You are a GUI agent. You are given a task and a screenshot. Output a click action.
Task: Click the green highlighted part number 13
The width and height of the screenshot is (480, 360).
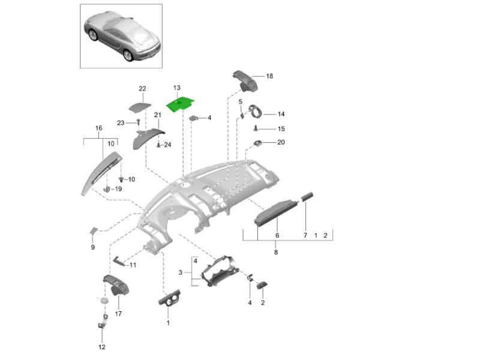point(182,104)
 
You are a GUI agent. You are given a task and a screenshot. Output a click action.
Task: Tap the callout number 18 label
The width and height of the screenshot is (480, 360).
point(269,76)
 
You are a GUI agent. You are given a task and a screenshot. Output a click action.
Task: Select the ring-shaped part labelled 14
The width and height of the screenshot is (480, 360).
point(256,111)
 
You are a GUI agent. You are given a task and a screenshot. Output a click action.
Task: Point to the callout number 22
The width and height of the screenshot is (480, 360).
point(142,89)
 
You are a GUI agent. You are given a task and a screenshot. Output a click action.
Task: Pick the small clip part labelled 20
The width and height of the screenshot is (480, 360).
point(258,143)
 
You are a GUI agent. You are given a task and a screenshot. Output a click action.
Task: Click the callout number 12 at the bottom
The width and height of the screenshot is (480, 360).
point(101,347)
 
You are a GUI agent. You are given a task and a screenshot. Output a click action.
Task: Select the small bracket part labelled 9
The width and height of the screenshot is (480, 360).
point(94,230)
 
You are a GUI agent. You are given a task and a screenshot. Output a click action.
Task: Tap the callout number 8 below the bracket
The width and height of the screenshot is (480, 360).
point(275,253)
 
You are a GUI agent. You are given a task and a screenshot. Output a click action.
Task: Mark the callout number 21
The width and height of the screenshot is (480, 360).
point(158,115)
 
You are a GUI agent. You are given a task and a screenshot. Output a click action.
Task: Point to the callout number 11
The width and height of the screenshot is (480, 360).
point(133,265)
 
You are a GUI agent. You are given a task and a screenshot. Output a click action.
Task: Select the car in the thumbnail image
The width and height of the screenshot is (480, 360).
point(120,34)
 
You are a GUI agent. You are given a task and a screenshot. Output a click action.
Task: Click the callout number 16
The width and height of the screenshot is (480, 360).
point(99,128)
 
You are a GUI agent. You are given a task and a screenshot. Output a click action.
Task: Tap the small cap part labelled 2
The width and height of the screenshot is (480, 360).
point(263,285)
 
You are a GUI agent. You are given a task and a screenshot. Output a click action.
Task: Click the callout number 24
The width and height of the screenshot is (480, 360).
point(167,145)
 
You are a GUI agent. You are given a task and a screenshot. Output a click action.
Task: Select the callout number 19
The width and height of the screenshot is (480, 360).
point(118,189)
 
